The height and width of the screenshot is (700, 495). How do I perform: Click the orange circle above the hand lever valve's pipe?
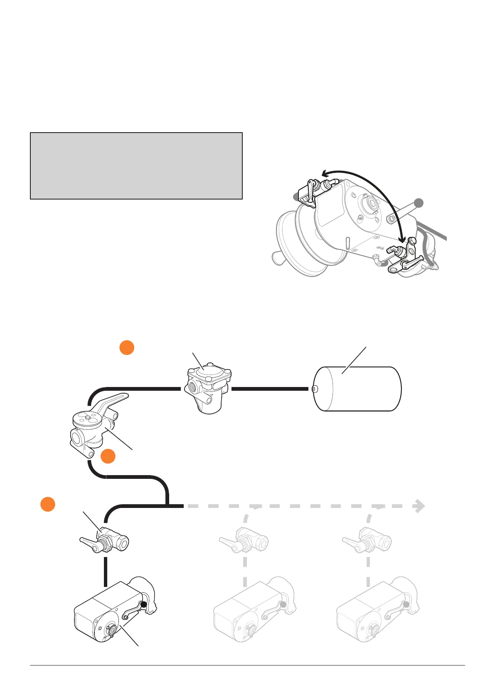point(127,348)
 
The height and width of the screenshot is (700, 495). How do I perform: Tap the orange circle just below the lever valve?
point(108,456)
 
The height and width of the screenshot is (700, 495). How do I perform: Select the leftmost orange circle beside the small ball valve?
point(48,504)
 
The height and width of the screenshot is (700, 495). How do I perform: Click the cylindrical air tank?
point(357,389)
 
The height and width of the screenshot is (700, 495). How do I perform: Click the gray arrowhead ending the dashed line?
point(420,506)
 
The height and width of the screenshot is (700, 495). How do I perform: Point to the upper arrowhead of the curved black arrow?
point(325,173)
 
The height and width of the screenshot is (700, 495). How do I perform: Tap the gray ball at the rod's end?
point(419,203)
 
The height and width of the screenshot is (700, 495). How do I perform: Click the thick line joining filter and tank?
point(270,389)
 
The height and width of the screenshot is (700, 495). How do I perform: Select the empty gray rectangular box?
point(136,166)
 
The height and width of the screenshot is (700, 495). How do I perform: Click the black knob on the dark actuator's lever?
point(144,605)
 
